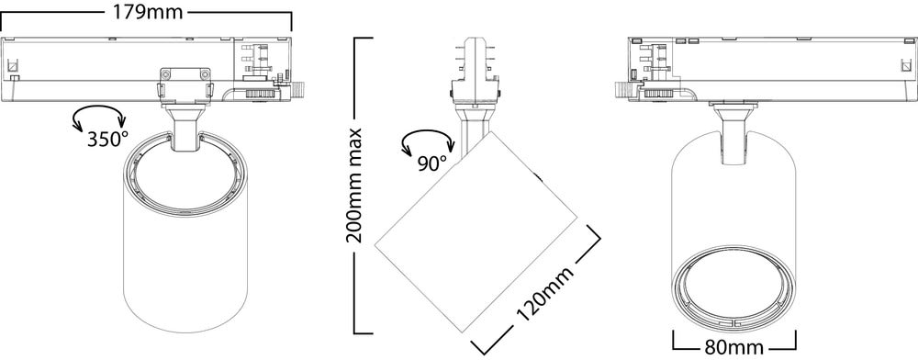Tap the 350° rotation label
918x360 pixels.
coord(107,140)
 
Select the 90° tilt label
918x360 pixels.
coord(432,163)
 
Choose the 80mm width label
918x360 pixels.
coord(734,348)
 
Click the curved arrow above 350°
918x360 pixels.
coord(98,115)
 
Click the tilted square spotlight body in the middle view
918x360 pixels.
coord(476,231)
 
